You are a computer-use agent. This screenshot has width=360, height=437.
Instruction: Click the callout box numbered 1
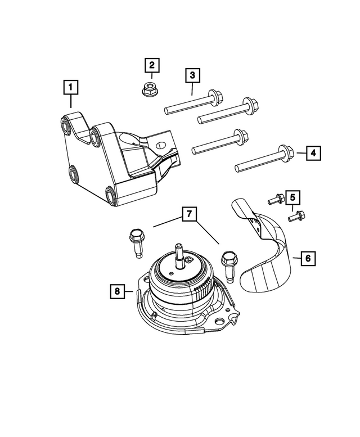[71, 88]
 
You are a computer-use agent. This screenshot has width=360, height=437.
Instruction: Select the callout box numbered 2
[151, 65]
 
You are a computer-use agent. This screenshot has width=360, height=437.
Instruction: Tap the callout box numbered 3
[191, 75]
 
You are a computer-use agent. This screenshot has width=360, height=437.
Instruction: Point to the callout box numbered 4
[314, 152]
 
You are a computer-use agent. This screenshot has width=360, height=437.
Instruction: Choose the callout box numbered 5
[292, 197]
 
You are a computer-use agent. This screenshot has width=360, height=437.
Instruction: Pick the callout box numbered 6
[308, 259]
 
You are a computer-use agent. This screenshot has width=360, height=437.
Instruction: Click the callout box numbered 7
[189, 214]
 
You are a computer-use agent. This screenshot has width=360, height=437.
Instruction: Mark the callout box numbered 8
[117, 291]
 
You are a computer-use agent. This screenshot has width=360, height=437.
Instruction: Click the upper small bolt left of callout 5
[274, 198]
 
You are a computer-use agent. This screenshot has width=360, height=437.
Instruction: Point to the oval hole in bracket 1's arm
[160, 145]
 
